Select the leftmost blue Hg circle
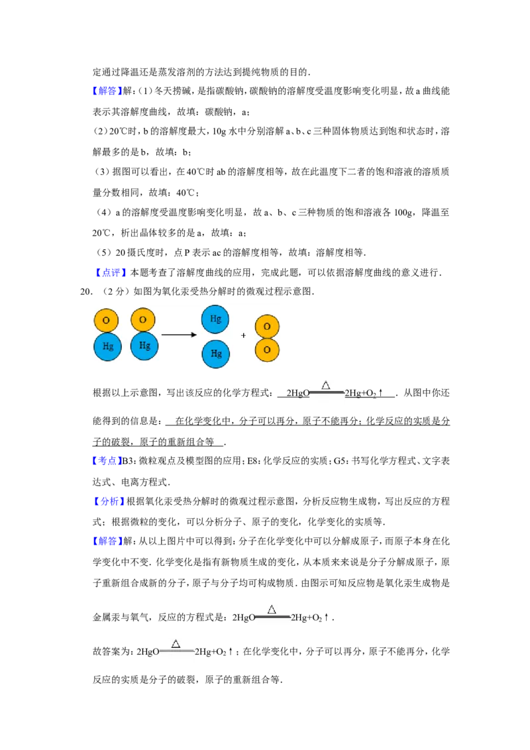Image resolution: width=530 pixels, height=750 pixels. (x=107, y=347)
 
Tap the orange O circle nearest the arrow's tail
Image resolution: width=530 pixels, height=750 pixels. (x=143, y=319)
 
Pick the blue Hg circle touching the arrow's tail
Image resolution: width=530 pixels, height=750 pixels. (x=144, y=346)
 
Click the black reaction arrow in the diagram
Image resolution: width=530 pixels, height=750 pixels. (x=179, y=335)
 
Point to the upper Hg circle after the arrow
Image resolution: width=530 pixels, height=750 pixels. (x=215, y=319)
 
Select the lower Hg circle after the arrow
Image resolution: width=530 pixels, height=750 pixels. (x=216, y=353)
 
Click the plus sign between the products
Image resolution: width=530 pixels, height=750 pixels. (x=243, y=336)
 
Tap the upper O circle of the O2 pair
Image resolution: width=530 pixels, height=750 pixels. (x=267, y=327)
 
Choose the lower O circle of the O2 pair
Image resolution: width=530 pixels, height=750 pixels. (x=267, y=350)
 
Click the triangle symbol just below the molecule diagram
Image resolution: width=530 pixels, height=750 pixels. (x=325, y=385)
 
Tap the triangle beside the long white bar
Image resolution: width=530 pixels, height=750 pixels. (x=272, y=610)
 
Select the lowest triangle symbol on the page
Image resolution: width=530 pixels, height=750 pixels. (x=176, y=643)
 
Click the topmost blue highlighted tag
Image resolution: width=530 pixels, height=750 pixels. (x=106, y=90)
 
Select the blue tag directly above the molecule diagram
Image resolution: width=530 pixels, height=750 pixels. (x=111, y=272)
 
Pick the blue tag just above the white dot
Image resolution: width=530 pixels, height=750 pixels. (x=106, y=460)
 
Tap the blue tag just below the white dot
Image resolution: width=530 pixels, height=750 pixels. (x=109, y=502)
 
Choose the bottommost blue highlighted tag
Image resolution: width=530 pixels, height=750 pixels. (x=107, y=541)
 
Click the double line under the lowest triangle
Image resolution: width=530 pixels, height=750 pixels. (x=177, y=651)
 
